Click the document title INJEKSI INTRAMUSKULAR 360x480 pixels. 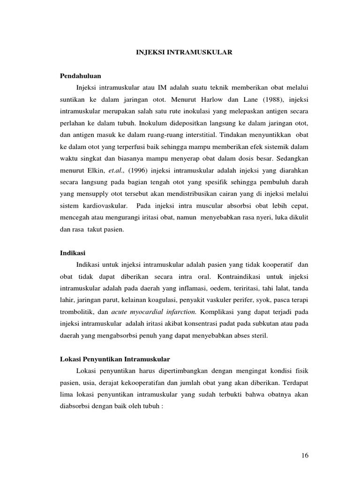(181, 53)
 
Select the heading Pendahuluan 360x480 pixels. (81, 75)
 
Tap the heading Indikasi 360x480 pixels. (73, 253)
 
